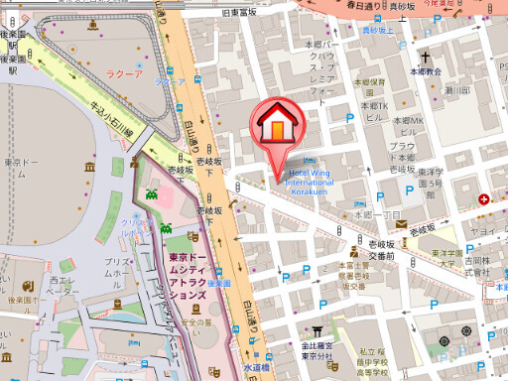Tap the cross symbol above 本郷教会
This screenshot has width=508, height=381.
pos(424,58)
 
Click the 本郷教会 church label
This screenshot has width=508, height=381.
pos(425,72)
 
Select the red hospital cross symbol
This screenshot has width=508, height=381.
pos(483,199)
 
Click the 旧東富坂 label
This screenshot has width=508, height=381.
pos(239,12)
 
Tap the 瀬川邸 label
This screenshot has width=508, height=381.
pos(458,89)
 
